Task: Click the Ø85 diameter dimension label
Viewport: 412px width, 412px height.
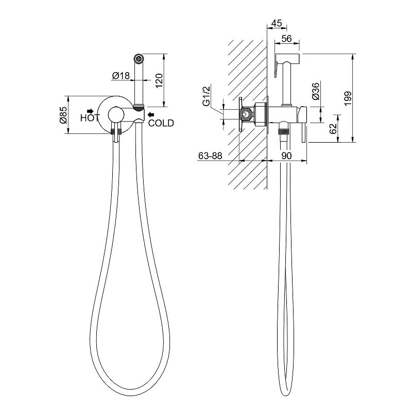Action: point(63,114)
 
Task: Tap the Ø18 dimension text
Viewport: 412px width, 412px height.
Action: point(120,76)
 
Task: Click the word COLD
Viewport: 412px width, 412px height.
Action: point(161,123)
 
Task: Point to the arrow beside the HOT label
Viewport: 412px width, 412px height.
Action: point(91,111)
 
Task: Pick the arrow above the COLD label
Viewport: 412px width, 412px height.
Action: point(150,114)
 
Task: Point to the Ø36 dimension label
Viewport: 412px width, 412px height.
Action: point(316,92)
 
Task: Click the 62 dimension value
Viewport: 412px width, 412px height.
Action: point(333,128)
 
